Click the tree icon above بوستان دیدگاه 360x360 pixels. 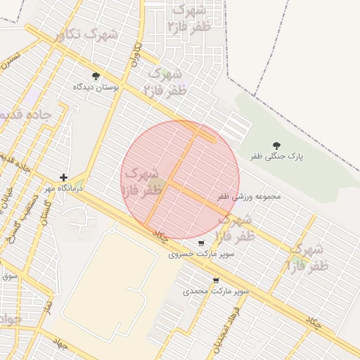tap(96, 76)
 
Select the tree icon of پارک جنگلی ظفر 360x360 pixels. tap(276, 146)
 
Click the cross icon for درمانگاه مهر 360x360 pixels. tap(64, 177)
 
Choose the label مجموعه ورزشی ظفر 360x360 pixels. tap(249, 196)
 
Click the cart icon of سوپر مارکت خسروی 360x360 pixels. tap(202, 243)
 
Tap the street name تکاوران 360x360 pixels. tap(135, 55)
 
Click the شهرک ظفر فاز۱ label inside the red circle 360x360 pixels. tap(141, 181)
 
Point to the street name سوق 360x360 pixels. tap(8, 276)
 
